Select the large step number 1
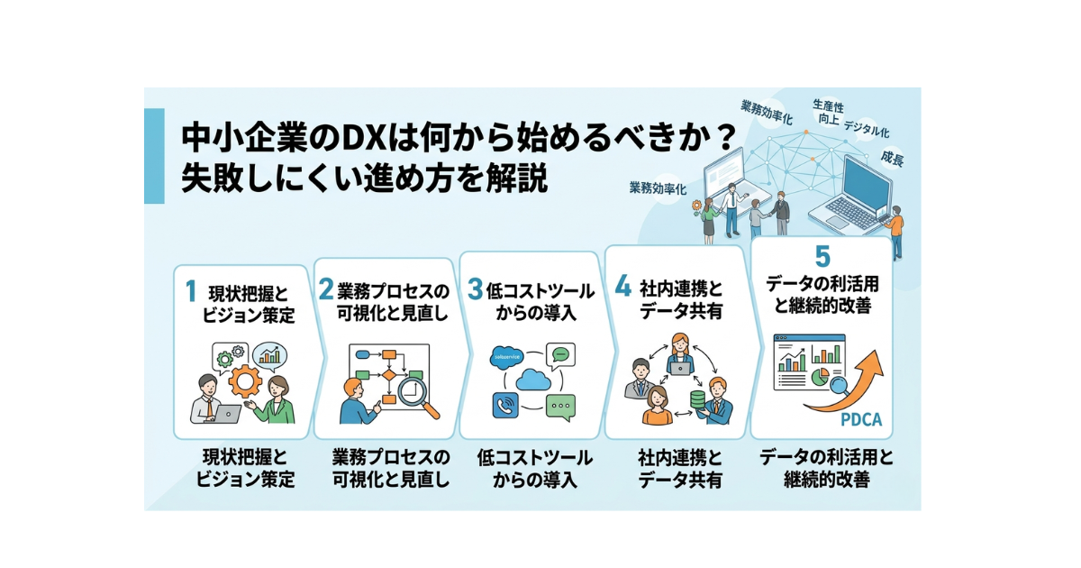coord(191,291)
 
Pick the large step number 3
coord(475,289)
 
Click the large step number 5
coord(821,256)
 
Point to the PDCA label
coord(860,421)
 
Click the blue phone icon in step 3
coord(504,407)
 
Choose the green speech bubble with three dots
coord(560,408)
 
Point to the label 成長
coord(892,159)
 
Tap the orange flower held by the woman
coord(696,206)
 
